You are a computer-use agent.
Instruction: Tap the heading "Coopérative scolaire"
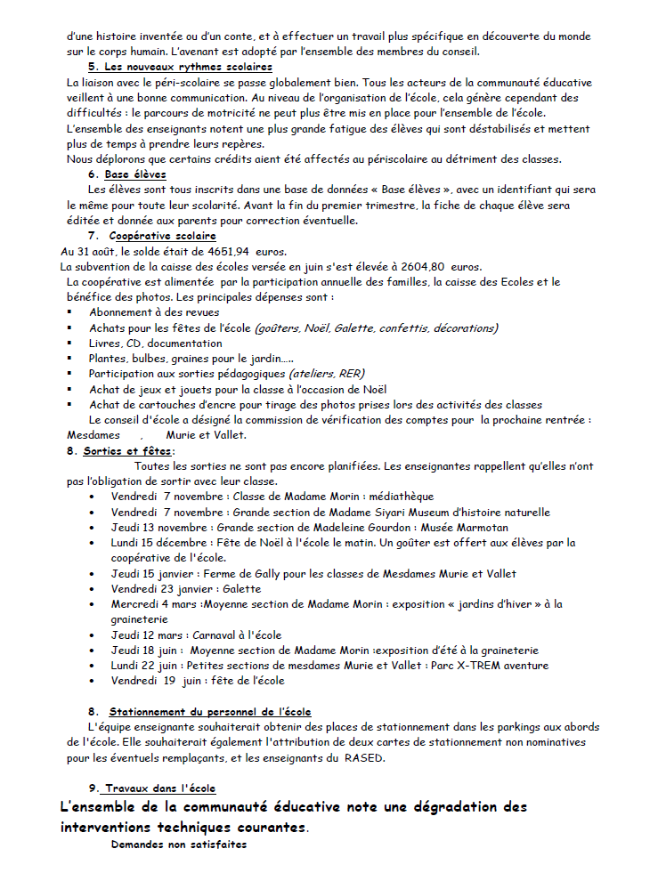click(162, 236)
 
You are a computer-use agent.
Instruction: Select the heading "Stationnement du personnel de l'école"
click(210, 711)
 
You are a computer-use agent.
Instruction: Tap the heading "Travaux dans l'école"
click(159, 788)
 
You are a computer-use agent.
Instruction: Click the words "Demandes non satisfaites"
click(178, 845)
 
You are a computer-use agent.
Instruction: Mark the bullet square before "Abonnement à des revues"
click(69, 312)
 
